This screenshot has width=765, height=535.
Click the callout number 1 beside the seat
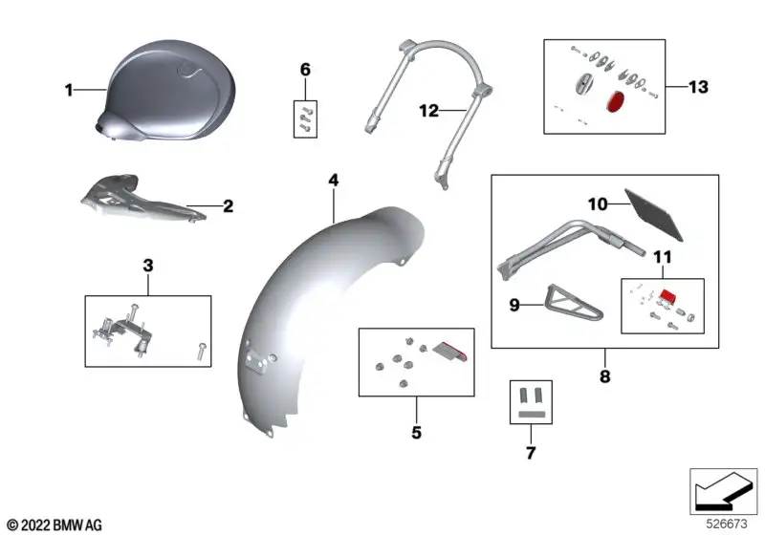[x=69, y=90]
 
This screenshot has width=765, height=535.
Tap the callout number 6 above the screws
[x=305, y=70]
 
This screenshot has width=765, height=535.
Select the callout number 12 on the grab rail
[x=428, y=111]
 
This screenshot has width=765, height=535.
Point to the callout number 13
[x=698, y=87]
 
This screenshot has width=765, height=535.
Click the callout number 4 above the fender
[x=333, y=181]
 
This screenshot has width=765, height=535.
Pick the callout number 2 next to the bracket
[x=228, y=206]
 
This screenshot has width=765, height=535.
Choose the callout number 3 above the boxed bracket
[x=148, y=266]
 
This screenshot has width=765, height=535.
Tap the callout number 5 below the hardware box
[x=416, y=432]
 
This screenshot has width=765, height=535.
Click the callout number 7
[x=531, y=453]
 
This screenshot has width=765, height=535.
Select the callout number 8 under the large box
[x=604, y=376]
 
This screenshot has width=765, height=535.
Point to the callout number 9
[x=514, y=305]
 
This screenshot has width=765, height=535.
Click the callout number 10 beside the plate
[x=598, y=203]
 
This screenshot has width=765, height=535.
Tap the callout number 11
[x=662, y=257]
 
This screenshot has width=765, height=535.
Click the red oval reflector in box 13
[x=616, y=101]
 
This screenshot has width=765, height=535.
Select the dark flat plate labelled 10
[x=654, y=215]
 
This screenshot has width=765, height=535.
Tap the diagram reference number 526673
[x=727, y=524]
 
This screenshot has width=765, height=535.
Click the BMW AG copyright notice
[x=55, y=525]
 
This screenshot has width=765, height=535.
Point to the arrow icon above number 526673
[x=723, y=491]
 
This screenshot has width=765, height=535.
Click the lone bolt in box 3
[x=202, y=352]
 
